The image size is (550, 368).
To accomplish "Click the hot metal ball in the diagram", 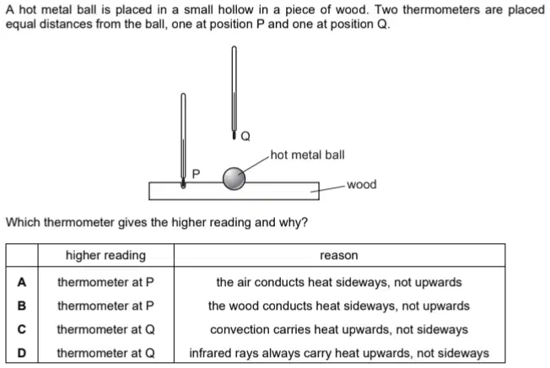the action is [x=234, y=179].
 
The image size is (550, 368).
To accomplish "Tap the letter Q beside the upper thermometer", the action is [x=245, y=136].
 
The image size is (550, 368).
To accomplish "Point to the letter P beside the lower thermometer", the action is [x=196, y=174].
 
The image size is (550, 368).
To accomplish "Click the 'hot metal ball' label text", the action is [x=307, y=154].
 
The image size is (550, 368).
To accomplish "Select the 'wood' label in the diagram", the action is [x=362, y=184].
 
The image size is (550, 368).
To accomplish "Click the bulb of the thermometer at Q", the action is [x=234, y=135].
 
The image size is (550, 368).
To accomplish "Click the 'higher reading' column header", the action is [x=105, y=256].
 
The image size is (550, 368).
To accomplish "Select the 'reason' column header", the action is [x=339, y=256].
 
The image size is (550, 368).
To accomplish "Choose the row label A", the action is [x=22, y=282].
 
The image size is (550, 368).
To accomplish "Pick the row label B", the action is [x=22, y=306].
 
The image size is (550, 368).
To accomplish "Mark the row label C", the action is [x=22, y=329].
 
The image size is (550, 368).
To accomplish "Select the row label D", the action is [x=22, y=353].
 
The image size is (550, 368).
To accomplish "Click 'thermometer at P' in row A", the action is [x=105, y=282].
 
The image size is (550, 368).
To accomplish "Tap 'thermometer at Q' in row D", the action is [x=105, y=353].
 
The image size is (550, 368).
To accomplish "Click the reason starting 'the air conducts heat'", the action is [x=339, y=282].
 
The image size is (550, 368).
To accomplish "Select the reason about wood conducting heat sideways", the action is [x=339, y=306].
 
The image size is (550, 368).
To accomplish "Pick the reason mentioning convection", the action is [x=339, y=329].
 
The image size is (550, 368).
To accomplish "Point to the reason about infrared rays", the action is [x=339, y=353].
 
